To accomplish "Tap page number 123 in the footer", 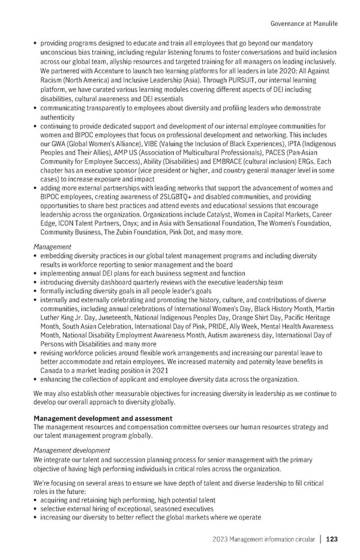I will tap(332, 539).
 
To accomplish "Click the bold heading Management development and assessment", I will tap(103, 418).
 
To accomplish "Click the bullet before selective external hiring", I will tap(37, 508).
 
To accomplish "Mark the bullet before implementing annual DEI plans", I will tap(37, 273).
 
